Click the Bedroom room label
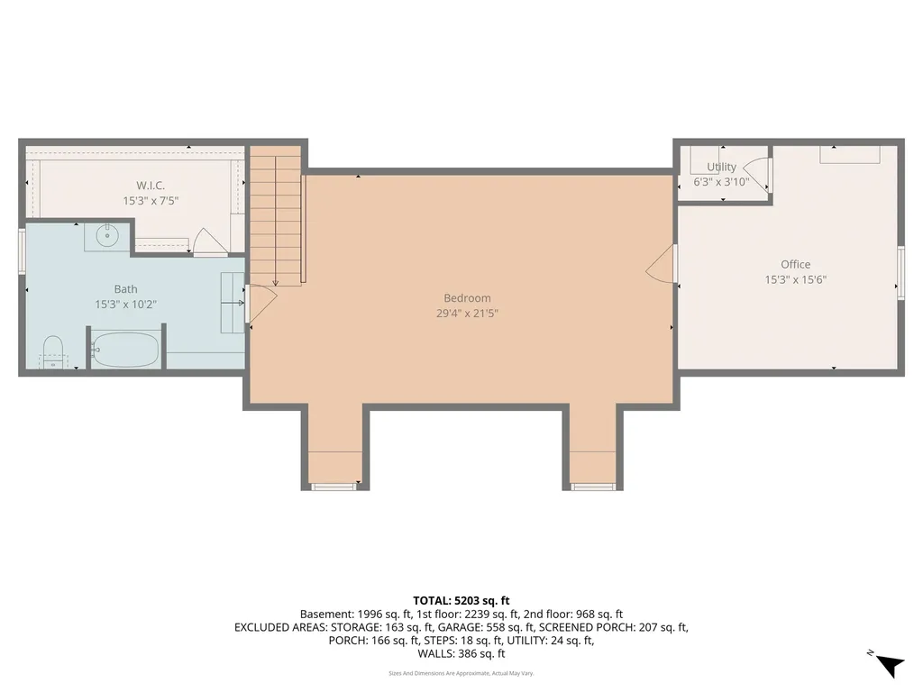tap(467, 298)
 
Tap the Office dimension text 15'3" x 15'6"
tap(795, 279)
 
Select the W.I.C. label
tap(151, 186)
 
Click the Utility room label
tap(721, 167)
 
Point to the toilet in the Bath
tap(53, 352)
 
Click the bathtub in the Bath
tap(127, 350)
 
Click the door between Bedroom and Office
tap(663, 263)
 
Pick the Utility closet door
tap(760, 175)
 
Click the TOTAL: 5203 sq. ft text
tap(461, 600)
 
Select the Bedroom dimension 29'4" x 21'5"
tap(467, 314)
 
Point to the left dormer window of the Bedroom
tap(334, 487)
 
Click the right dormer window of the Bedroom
tap(593, 487)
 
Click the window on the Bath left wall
tap(22, 251)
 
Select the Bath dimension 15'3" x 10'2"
tap(126, 305)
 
